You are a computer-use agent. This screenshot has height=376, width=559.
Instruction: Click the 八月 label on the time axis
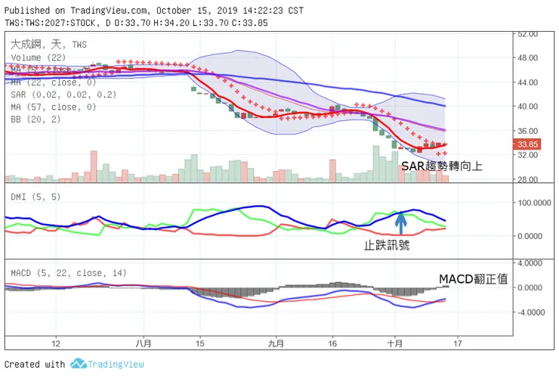click(x=144, y=342)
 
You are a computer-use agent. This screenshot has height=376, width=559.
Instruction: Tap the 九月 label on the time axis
click(x=276, y=342)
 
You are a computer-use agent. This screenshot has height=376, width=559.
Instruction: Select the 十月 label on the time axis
click(x=394, y=342)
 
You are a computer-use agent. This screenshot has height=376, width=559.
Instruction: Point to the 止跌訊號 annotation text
click(x=387, y=244)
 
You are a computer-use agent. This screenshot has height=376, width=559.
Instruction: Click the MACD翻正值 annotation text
click(x=474, y=280)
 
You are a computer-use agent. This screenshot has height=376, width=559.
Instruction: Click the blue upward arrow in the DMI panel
click(x=401, y=221)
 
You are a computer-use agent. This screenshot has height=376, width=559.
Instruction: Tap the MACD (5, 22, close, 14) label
click(x=69, y=273)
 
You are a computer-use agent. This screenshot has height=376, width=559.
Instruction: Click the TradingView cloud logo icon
click(x=79, y=364)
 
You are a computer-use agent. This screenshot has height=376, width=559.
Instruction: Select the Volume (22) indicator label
click(x=37, y=57)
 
